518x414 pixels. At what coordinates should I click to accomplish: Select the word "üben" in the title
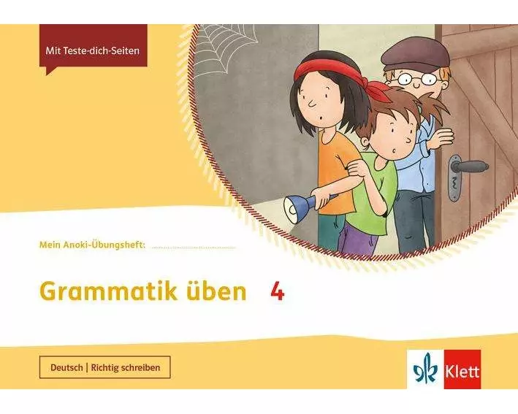pyautogui.click(x=218, y=292)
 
